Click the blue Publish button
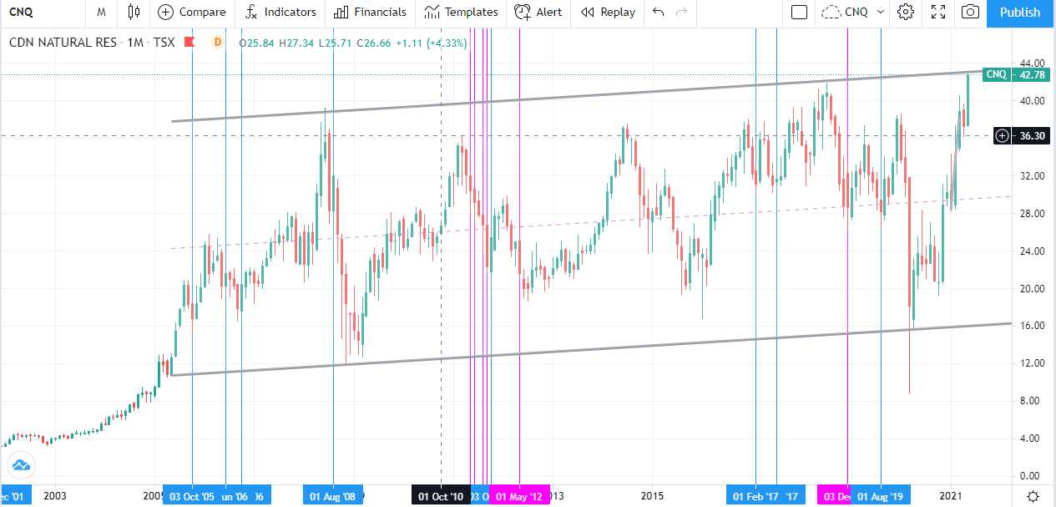(x=1020, y=13)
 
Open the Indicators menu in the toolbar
(x=280, y=13)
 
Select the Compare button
(x=192, y=13)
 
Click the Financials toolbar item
(x=370, y=13)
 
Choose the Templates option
(x=461, y=13)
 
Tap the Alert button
(x=538, y=13)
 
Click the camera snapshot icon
(x=970, y=13)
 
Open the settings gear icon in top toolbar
(x=906, y=13)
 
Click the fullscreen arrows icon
(x=938, y=13)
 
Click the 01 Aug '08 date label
(x=333, y=497)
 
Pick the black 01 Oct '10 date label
(x=440, y=497)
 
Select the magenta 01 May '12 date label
(x=519, y=497)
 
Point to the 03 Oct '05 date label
(x=192, y=497)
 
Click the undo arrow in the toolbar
(x=659, y=13)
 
